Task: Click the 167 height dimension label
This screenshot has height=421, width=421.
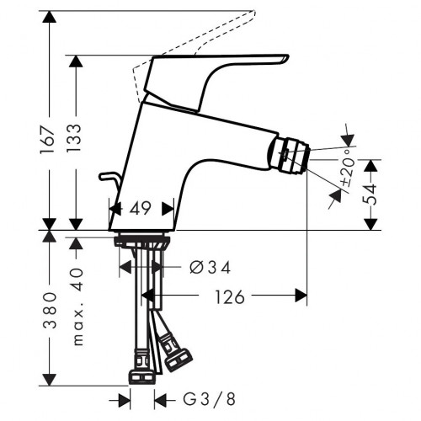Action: [47, 140]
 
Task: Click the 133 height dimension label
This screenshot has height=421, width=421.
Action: [75, 137]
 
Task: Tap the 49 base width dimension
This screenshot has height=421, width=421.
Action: [140, 208]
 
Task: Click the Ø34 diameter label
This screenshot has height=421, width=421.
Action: [210, 267]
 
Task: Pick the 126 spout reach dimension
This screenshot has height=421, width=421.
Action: [230, 297]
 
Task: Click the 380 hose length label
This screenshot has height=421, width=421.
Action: [50, 310]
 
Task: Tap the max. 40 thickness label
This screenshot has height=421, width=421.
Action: [78, 306]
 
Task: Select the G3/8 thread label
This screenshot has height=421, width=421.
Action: [210, 399]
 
